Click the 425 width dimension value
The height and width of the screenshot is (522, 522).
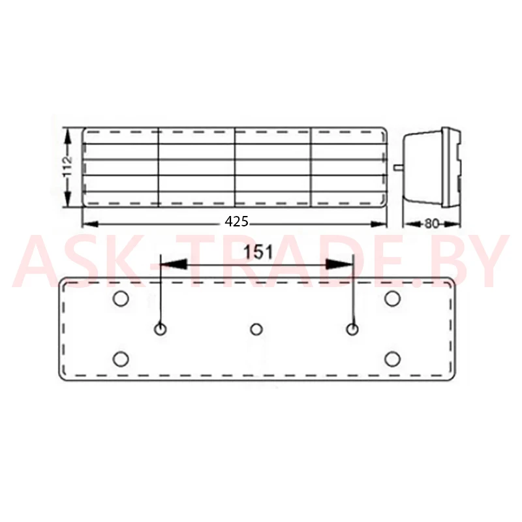point(236,221)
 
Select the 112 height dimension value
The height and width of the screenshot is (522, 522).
point(68,166)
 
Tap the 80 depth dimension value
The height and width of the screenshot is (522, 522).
point(432,224)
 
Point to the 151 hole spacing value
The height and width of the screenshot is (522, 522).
point(258,252)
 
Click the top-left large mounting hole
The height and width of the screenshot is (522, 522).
point(121,298)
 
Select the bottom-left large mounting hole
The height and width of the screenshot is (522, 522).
point(121,359)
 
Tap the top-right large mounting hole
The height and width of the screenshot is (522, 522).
point(393,298)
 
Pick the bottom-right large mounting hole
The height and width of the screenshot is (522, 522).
point(393,359)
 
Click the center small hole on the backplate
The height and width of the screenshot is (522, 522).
point(256,330)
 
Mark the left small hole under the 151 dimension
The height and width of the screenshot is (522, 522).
point(161,330)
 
